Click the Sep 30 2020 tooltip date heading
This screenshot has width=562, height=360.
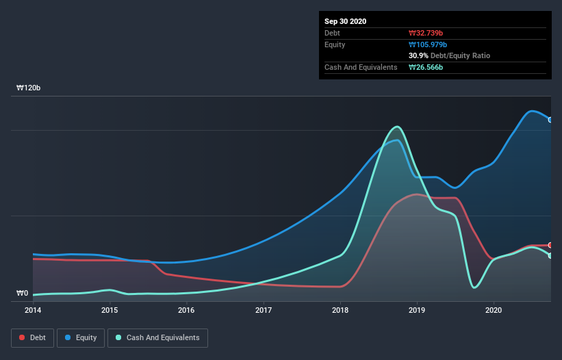(346, 21)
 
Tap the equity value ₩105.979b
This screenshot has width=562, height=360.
(429, 44)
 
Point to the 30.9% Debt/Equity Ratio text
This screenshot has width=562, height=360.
(449, 55)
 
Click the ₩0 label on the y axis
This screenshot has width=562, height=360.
(22, 294)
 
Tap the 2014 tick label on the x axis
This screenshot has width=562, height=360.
(32, 310)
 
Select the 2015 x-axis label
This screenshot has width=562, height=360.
(110, 310)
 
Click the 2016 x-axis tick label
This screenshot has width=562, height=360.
(186, 310)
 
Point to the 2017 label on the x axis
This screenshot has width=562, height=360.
(264, 310)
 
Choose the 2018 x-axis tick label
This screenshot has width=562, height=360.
(340, 310)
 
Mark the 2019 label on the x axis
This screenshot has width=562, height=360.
(417, 310)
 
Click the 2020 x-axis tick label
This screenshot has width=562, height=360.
(494, 310)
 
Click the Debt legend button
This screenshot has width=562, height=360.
(31, 337)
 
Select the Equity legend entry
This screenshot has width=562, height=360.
(81, 337)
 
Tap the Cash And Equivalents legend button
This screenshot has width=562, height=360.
(157, 337)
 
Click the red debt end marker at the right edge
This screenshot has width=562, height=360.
(550, 245)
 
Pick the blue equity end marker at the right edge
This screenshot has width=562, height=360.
(550, 120)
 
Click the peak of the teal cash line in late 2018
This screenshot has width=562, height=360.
(396, 127)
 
